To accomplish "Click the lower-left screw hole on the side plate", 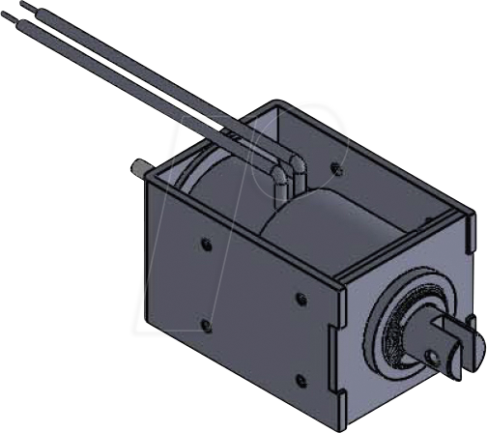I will click(x=204, y=322).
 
